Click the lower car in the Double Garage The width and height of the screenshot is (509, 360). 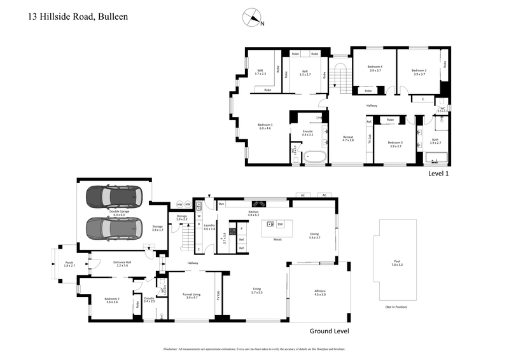pyautogui.click(x=115, y=226)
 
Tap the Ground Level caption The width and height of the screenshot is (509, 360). pyautogui.click(x=330, y=331)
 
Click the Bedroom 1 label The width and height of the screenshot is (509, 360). pyautogui.click(x=265, y=126)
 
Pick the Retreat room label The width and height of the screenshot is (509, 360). pyautogui.click(x=348, y=138)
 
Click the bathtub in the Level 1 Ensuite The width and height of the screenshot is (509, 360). pyautogui.click(x=314, y=156)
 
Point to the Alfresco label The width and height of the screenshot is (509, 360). pyautogui.click(x=320, y=292)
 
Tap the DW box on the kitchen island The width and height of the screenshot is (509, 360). pyautogui.click(x=281, y=224)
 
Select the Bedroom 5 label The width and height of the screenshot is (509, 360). pyautogui.click(x=394, y=144)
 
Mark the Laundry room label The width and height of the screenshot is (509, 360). pyautogui.click(x=209, y=227)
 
